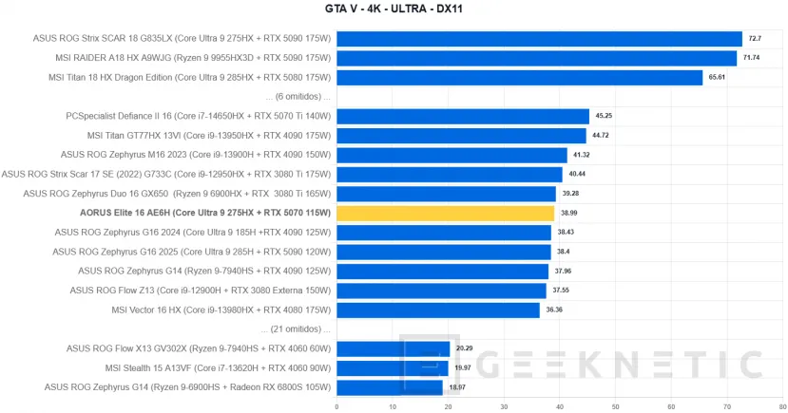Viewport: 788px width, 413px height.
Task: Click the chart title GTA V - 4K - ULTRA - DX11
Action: (394, 9)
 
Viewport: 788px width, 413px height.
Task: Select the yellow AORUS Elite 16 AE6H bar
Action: (445, 213)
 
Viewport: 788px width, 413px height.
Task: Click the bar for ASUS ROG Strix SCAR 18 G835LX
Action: (539, 39)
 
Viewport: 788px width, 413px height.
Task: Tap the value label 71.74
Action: (752, 58)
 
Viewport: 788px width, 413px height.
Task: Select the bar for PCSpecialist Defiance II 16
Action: (462, 116)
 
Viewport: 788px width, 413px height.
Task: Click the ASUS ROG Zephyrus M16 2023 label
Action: (196, 155)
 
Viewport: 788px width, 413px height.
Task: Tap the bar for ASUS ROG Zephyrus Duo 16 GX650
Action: (446, 194)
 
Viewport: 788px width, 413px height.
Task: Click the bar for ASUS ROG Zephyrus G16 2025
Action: (443, 252)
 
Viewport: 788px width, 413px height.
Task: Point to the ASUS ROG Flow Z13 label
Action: (201, 291)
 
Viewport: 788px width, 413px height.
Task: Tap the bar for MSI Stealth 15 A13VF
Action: (392, 368)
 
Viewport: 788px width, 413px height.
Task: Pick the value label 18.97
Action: (458, 387)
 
